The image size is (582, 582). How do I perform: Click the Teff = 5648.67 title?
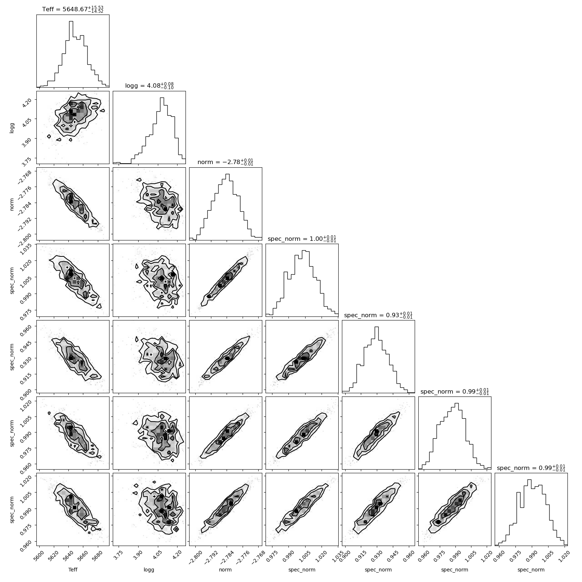[73, 9]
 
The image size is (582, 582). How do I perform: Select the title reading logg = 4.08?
[150, 86]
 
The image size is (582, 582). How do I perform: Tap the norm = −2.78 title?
[226, 162]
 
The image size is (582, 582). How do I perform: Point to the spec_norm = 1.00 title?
[302, 239]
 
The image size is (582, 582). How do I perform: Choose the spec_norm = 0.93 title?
[378, 315]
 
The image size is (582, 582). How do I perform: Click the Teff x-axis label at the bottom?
[73, 570]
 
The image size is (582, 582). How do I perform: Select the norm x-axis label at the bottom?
[226, 570]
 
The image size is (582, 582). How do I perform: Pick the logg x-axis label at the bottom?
[149, 570]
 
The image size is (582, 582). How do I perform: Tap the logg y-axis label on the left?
[12, 127]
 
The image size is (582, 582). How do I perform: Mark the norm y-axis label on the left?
[12, 204]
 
